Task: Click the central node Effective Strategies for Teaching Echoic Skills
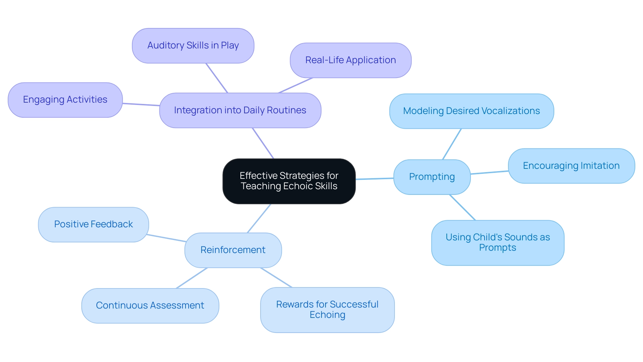289,181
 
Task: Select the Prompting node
432,177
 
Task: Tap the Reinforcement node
233,250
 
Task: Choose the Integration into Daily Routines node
240,110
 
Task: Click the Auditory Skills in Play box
193,45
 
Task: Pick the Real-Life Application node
350,60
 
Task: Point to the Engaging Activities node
65,100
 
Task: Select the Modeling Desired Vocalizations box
471,111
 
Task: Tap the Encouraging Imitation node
571,166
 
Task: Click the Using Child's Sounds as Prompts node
497,242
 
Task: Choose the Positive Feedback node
93,224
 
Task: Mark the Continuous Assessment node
150,306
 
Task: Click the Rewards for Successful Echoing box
327,310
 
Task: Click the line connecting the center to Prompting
374,179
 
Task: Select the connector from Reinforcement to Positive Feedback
166,238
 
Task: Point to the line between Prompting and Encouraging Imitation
489,172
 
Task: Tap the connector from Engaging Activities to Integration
141,104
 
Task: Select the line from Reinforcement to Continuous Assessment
192,278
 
